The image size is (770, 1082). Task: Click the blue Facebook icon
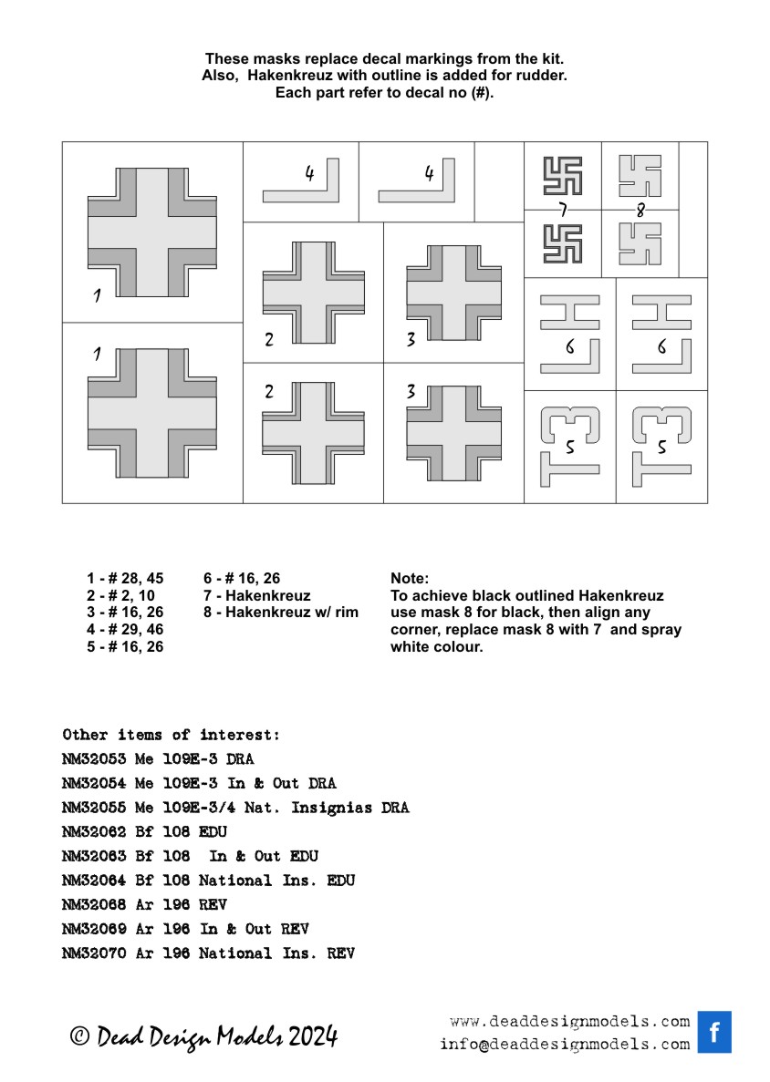pos(714,1032)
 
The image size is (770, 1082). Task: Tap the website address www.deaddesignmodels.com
pos(569,1021)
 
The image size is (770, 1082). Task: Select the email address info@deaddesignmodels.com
pos(564,1045)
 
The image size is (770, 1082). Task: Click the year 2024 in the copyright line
pos(313,1036)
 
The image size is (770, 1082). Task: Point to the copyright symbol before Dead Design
pos(79,1036)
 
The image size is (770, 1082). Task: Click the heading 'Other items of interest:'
pos(172,735)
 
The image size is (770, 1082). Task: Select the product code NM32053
pos(94,759)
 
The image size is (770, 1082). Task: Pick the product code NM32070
pos(94,953)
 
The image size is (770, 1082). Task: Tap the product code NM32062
pos(94,832)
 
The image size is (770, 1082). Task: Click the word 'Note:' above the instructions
pos(410,579)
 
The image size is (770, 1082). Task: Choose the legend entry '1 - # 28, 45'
pos(125,579)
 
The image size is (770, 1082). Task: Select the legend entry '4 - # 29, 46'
pos(125,630)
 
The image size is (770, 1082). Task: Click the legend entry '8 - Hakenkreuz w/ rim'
pos(281,613)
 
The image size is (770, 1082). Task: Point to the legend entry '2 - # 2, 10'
pos(120,595)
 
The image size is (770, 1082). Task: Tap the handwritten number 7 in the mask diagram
pos(563,211)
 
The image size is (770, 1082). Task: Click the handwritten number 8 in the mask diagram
pos(640,211)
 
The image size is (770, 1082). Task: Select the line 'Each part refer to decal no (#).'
pos(384,93)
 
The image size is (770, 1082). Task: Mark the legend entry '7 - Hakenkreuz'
pos(256,595)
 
